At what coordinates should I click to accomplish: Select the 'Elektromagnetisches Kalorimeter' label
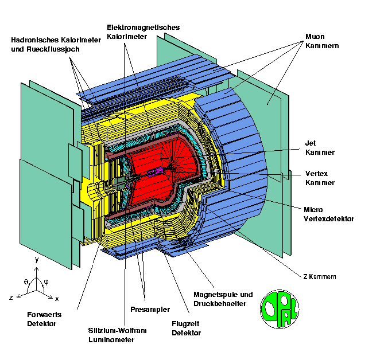click(143, 32)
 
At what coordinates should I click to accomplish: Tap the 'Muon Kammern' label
click(322, 40)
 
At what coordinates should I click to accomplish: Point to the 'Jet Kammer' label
click(319, 148)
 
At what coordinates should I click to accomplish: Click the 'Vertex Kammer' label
click(320, 178)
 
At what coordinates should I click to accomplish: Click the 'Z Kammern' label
click(320, 277)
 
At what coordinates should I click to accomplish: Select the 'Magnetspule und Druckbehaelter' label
click(223, 299)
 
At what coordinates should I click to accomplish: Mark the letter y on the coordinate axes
click(36, 260)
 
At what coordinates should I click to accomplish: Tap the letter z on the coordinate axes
click(11, 298)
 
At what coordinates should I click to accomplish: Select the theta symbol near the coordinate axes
click(26, 282)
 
